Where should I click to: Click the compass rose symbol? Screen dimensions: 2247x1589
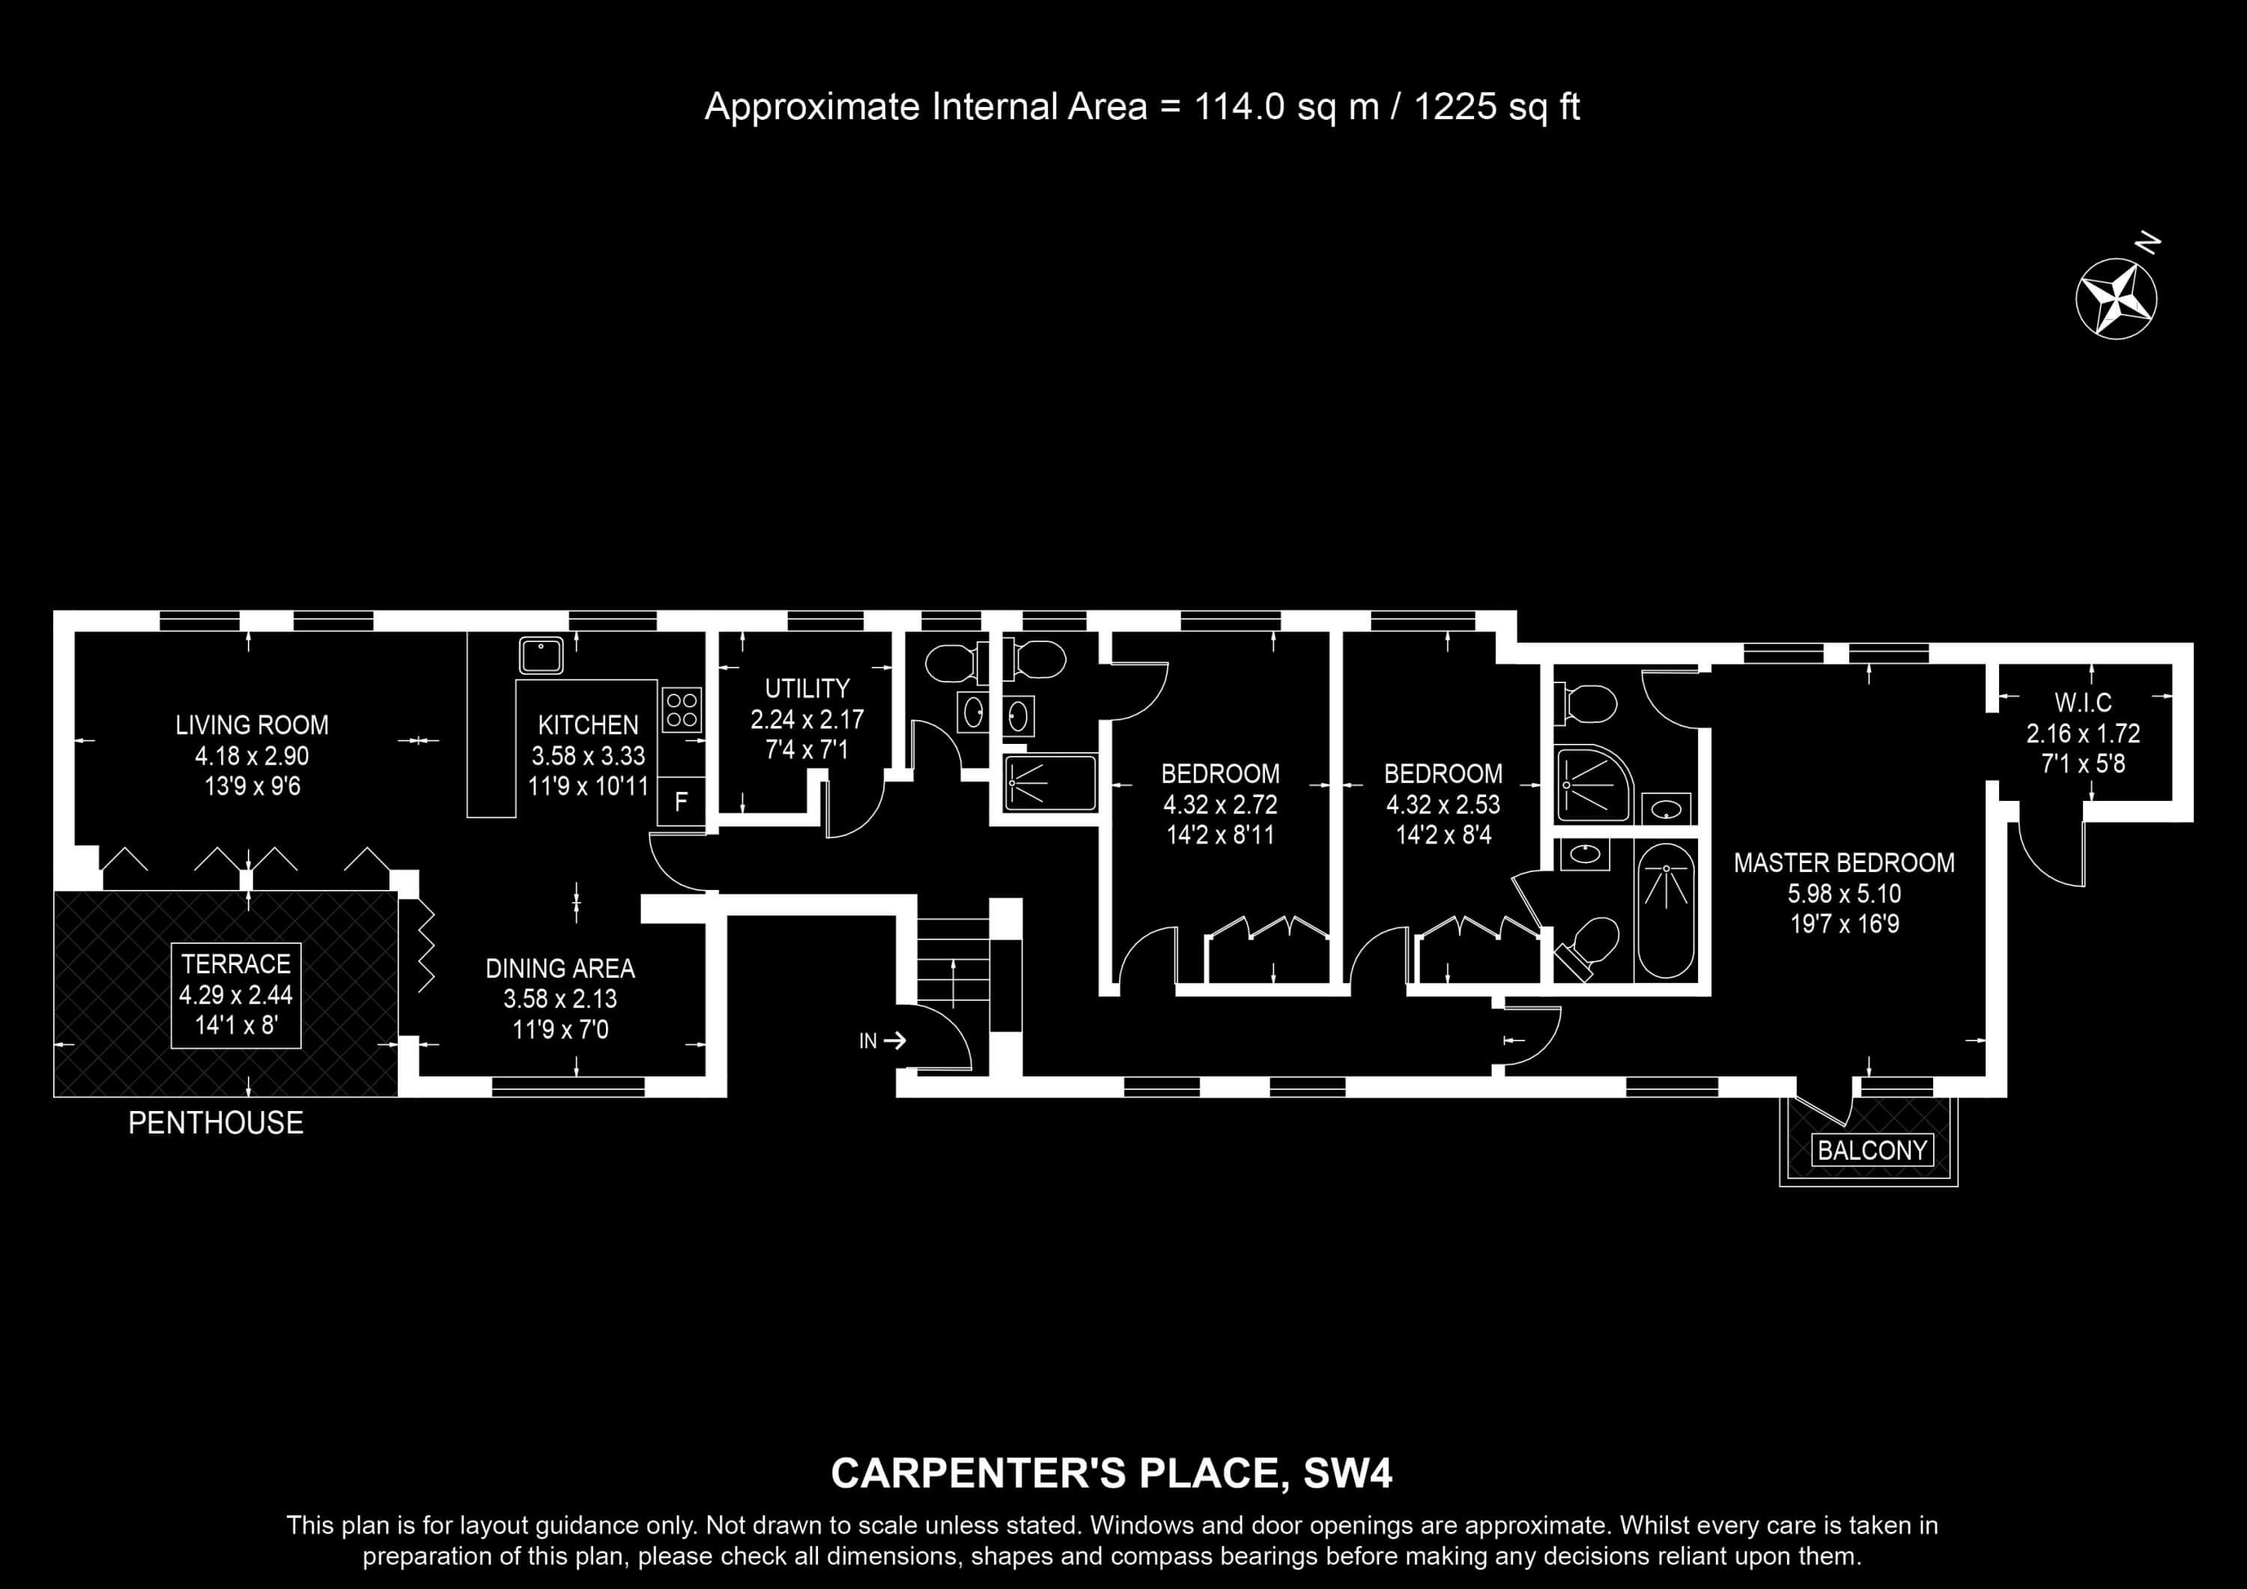(x=2116, y=299)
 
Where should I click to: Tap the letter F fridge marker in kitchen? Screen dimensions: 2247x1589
(x=681, y=802)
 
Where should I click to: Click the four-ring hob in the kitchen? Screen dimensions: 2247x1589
(x=681, y=709)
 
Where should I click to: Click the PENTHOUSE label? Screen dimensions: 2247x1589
(x=215, y=1122)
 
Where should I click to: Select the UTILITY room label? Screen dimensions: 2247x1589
(x=807, y=688)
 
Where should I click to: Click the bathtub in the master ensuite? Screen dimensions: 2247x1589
(x=1665, y=910)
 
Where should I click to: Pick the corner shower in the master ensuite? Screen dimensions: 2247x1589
(x=1592, y=783)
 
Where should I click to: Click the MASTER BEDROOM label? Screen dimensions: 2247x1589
(x=1844, y=862)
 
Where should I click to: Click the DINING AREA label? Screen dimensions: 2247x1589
(x=560, y=968)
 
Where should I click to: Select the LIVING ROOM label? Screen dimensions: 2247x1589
(x=252, y=725)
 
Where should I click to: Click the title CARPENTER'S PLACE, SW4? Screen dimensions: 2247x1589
(x=1111, y=1474)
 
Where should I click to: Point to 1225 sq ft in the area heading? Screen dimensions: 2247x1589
(x=1497, y=106)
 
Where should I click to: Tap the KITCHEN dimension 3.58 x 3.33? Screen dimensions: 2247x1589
(x=588, y=756)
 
